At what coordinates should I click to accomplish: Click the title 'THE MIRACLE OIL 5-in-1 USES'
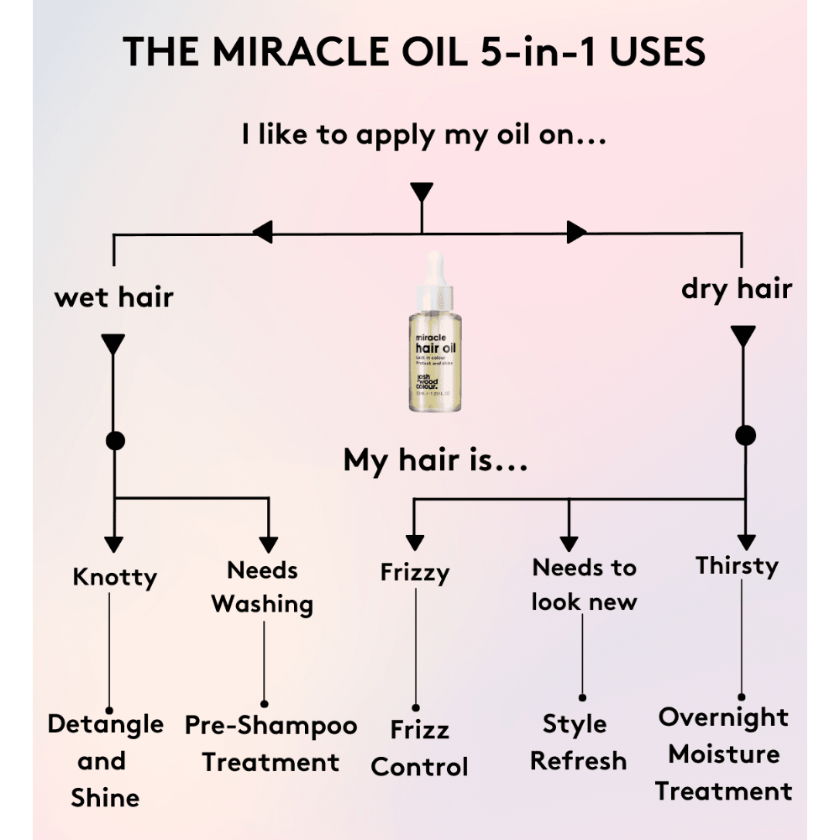click(x=414, y=53)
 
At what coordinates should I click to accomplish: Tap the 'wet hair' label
click(x=114, y=297)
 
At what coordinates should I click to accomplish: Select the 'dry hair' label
click(x=737, y=289)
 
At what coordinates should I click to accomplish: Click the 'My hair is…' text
click(x=435, y=460)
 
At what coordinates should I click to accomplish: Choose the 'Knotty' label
click(x=114, y=577)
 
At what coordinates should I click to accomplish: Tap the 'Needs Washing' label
click(x=262, y=587)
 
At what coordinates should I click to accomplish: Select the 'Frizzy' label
click(x=415, y=573)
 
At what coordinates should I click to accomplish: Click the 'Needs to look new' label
click(x=585, y=585)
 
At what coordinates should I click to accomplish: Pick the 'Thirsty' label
click(x=737, y=565)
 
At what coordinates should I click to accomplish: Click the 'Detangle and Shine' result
click(x=105, y=761)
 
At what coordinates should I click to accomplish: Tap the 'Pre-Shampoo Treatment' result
click(x=270, y=744)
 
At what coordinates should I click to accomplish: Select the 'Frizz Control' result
click(x=419, y=748)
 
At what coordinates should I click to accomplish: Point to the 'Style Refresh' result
click(x=578, y=743)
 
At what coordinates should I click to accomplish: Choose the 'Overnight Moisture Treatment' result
click(x=723, y=754)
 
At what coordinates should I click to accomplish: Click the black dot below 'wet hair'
click(x=114, y=440)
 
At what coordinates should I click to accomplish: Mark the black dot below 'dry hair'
click(x=745, y=435)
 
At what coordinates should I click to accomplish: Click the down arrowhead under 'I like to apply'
click(x=422, y=192)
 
